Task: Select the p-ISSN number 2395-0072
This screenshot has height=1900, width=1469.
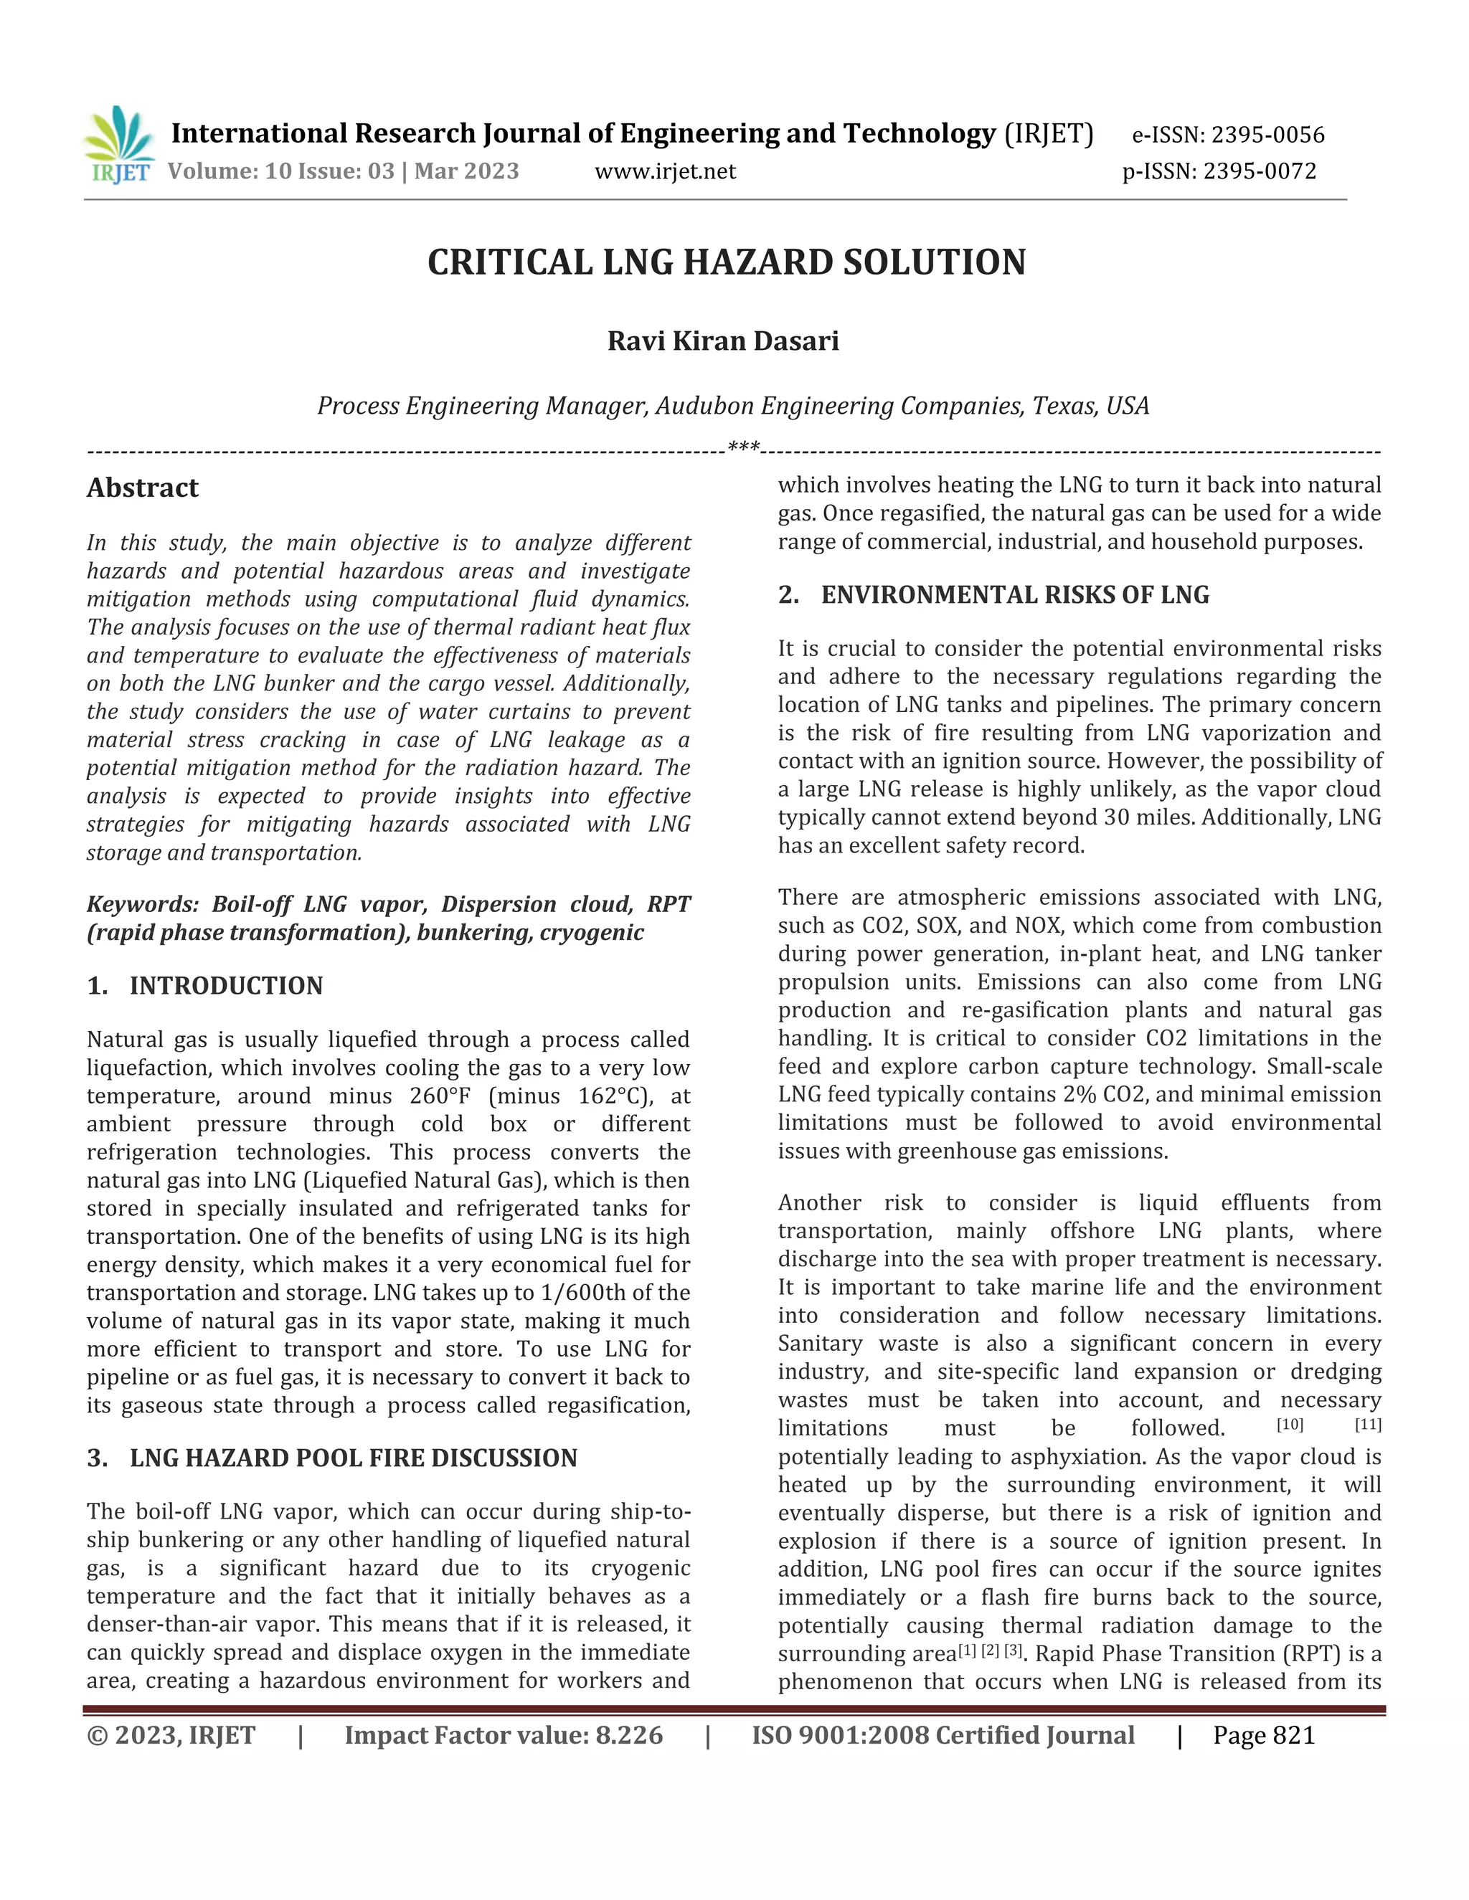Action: tap(1260, 171)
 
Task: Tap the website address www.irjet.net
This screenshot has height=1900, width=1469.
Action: tap(665, 171)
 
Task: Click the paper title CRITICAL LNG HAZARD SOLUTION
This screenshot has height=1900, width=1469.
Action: tap(726, 262)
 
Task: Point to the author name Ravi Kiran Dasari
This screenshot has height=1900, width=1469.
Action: tap(722, 341)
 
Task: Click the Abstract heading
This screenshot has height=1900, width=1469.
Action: tap(143, 488)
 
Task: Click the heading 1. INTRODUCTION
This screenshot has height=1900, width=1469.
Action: tap(204, 986)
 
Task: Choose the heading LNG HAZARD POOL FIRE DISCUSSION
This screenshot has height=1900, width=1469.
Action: tap(352, 1458)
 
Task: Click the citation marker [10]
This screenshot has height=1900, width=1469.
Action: tap(1290, 1425)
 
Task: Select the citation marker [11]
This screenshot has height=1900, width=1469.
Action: tap(1368, 1425)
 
